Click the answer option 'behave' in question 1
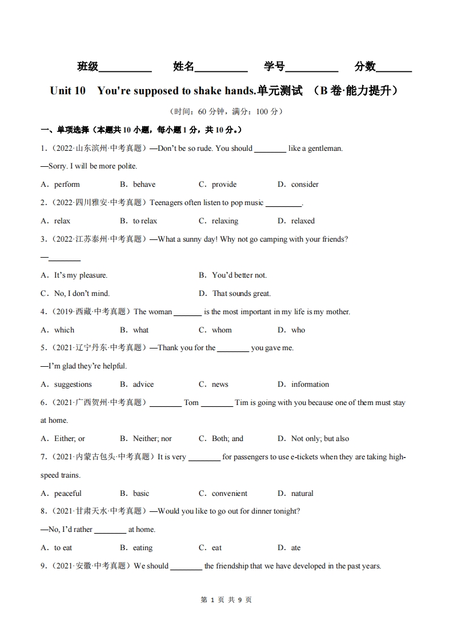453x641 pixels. click(x=144, y=185)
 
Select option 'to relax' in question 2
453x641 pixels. click(x=145, y=221)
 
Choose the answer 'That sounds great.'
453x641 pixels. click(x=241, y=294)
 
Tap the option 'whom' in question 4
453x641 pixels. click(x=222, y=330)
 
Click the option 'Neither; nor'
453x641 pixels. click(x=152, y=439)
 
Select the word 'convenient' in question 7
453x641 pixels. click(x=230, y=494)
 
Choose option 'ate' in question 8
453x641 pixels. click(x=295, y=548)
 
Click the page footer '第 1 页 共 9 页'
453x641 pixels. click(x=226, y=600)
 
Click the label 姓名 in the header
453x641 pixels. click(x=183, y=67)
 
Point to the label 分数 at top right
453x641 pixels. click(x=365, y=67)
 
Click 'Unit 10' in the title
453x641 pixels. click(x=67, y=91)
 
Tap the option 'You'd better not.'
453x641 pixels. click(x=239, y=275)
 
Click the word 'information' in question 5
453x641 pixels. click(x=310, y=384)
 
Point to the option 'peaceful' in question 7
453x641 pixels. click(x=67, y=494)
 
